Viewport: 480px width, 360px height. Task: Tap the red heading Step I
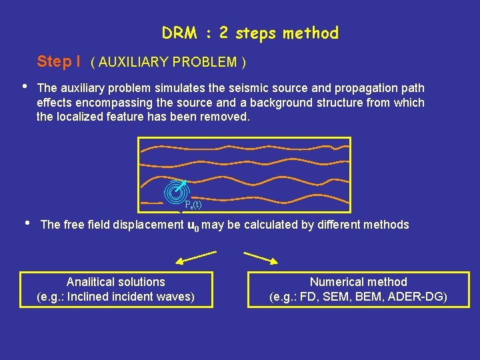point(59,62)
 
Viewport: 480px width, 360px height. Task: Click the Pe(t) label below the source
point(193,205)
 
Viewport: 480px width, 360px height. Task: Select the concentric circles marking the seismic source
point(175,191)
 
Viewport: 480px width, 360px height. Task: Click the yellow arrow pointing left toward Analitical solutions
point(196,257)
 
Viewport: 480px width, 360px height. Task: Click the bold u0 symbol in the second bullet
point(194,225)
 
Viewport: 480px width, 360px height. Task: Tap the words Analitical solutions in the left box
point(116,282)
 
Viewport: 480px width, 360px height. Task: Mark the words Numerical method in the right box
point(358,282)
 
